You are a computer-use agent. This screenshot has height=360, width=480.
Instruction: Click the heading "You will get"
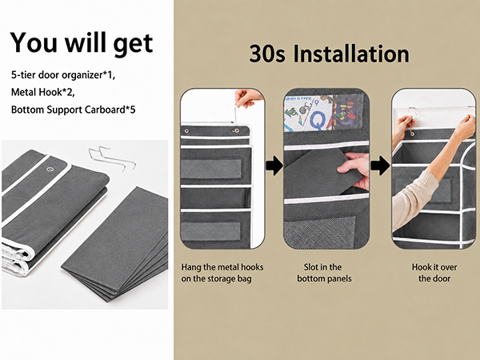[x=82, y=43]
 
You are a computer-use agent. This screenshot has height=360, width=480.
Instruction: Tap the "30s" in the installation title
[x=267, y=54]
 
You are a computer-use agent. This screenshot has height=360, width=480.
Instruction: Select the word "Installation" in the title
[x=351, y=54]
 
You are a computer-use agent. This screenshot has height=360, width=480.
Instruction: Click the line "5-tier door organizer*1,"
[x=63, y=75]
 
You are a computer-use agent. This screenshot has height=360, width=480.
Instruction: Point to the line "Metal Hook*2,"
[x=43, y=92]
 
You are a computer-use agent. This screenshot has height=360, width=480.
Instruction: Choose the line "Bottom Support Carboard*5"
[x=73, y=110]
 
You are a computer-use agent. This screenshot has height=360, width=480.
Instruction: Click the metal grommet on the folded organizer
[x=50, y=169]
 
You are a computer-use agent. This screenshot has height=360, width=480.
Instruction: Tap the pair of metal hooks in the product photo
[x=112, y=158]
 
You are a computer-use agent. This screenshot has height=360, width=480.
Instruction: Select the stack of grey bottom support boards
[x=114, y=244]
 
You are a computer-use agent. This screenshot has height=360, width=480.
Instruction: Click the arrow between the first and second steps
[x=274, y=166]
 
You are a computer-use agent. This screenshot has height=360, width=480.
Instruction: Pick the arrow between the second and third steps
[x=380, y=166]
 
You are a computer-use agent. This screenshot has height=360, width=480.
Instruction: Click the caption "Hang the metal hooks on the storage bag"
[x=222, y=273]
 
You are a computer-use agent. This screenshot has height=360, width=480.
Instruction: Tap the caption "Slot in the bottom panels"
[x=324, y=273]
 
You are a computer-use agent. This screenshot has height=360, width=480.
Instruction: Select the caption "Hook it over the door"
[x=434, y=273]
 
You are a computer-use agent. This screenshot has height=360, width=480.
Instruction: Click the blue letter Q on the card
[x=318, y=120]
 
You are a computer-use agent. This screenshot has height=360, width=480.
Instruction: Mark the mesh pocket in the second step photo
[x=319, y=232]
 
